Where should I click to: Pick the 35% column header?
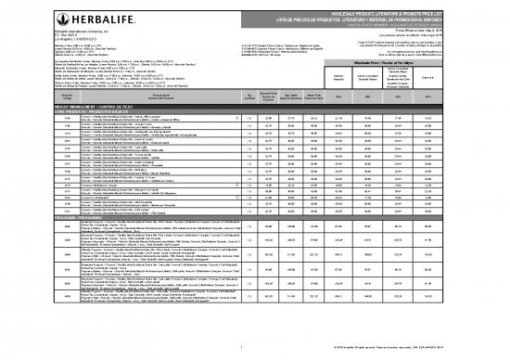pyautogui.click(x=371, y=122)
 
